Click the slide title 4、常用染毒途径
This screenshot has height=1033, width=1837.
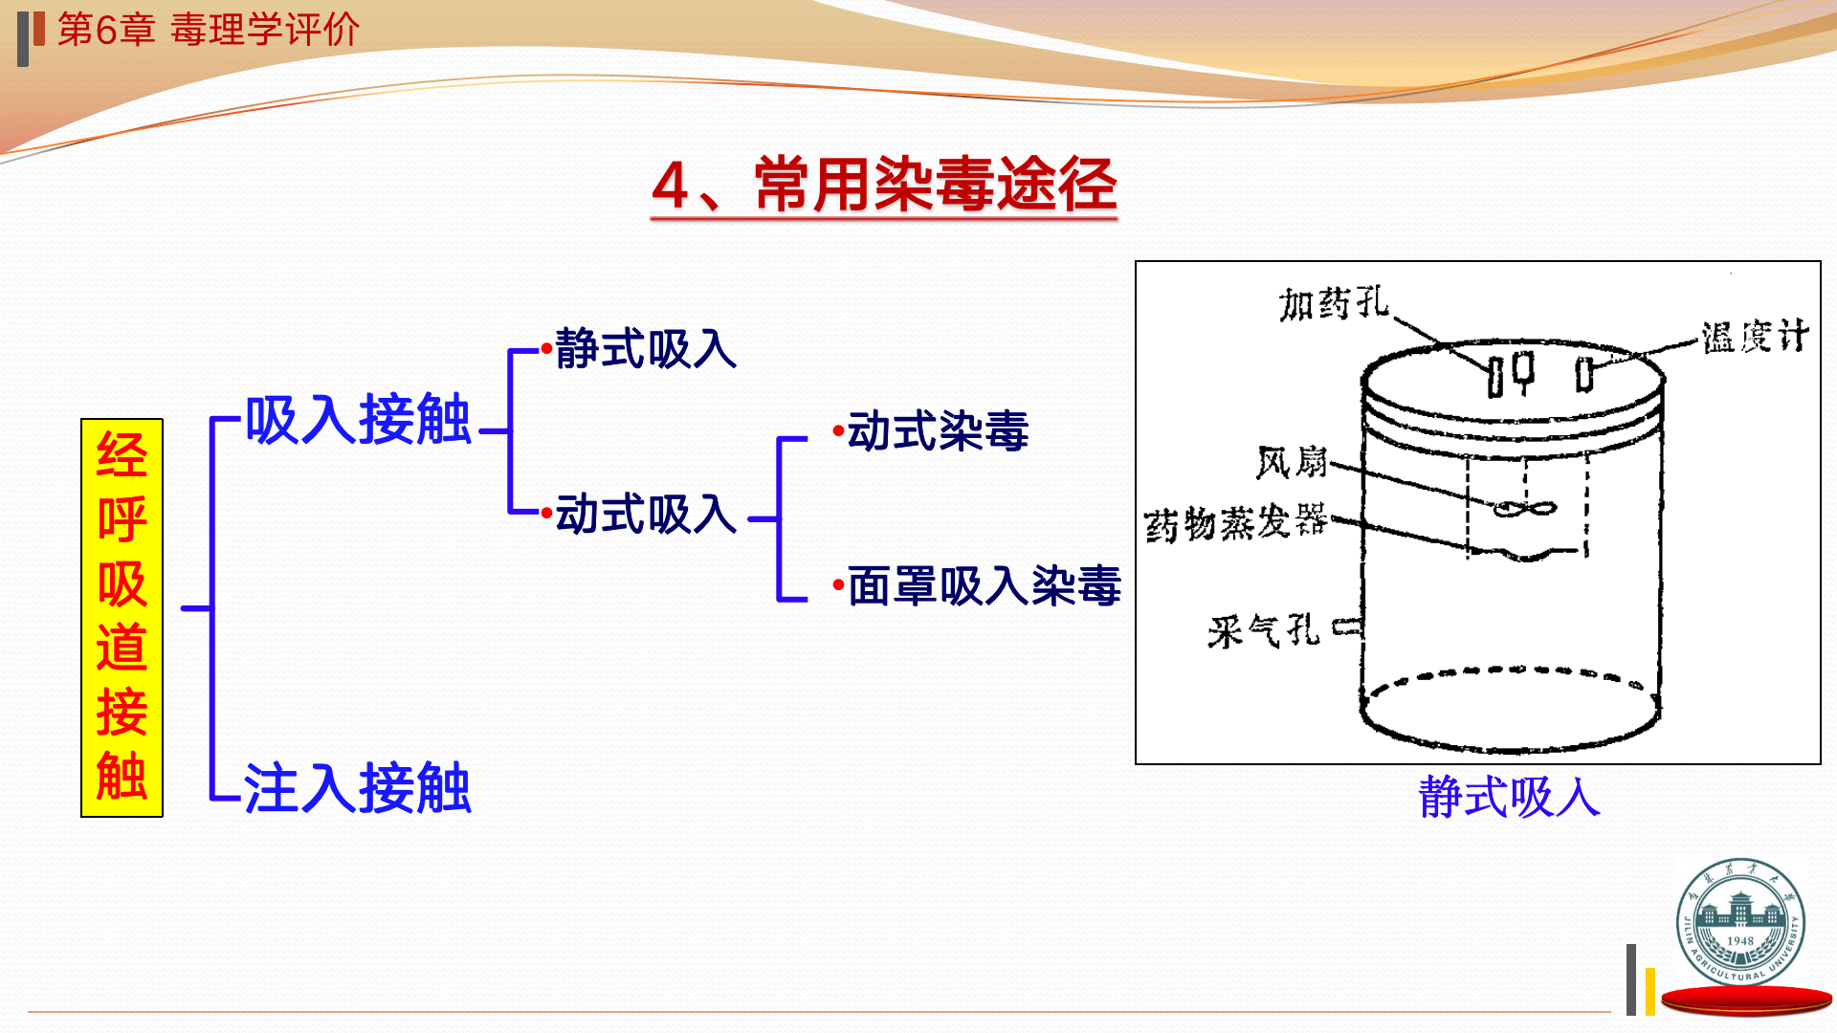coord(884,184)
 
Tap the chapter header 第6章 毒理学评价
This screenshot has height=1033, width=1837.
coord(208,30)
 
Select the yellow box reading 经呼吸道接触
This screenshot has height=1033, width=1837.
coord(122,617)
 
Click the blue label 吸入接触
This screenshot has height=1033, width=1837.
coord(358,419)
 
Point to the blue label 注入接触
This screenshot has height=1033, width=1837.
coord(358,788)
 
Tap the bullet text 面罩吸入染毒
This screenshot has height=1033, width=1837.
coord(984,585)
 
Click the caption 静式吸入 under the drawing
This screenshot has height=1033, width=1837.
coord(1509,797)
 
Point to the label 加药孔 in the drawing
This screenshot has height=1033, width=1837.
coord(1334,304)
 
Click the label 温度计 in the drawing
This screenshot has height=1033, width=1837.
coord(1754,337)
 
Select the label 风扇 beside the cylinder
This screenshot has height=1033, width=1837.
coord(1292,463)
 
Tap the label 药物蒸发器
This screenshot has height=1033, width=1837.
coord(1235,523)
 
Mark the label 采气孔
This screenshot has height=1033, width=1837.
coord(1263,631)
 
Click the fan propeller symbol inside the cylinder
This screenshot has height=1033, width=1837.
coord(1524,509)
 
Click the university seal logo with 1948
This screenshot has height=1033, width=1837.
coord(1740,921)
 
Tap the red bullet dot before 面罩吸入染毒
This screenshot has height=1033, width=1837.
coord(838,584)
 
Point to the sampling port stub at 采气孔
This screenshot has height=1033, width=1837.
coord(1348,627)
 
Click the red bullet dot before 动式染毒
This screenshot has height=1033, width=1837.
coord(838,431)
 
